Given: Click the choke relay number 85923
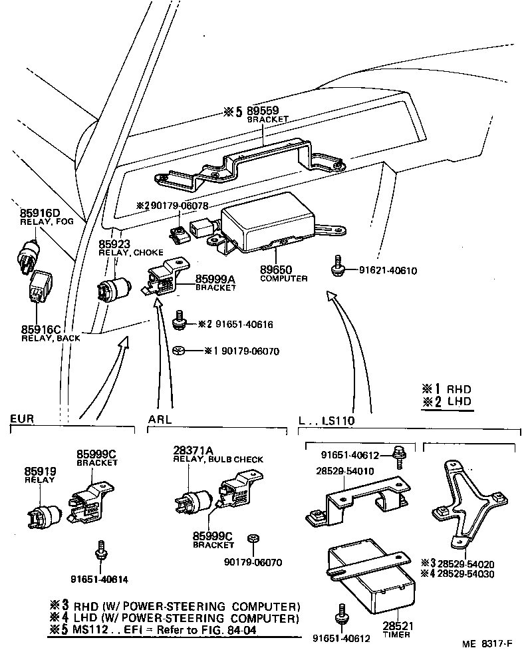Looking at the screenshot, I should click(114, 244).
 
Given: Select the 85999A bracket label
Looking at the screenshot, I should click(215, 278).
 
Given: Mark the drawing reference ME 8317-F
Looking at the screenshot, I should click(488, 644).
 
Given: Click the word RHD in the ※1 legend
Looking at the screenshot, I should click(458, 389).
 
